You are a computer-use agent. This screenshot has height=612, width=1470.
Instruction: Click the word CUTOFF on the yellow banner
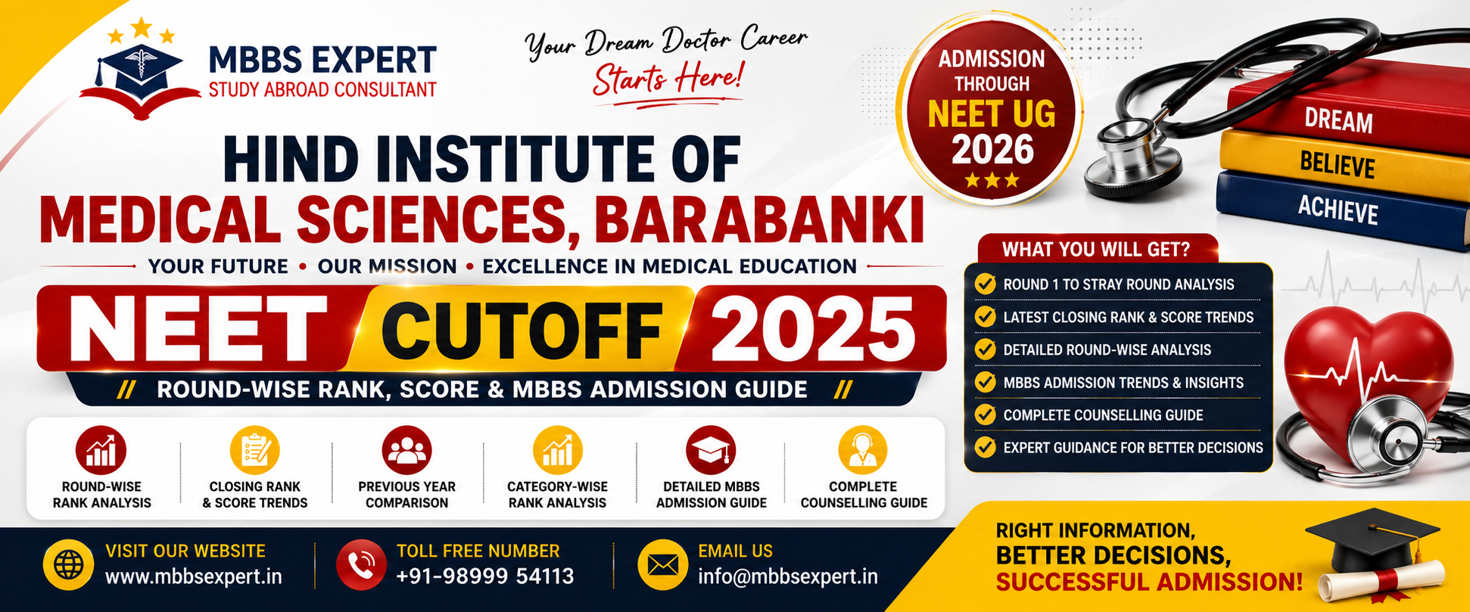[x=522, y=331]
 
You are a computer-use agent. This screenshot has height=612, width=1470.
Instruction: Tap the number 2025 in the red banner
[x=813, y=330]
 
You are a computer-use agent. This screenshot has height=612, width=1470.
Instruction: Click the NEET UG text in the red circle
[x=992, y=114]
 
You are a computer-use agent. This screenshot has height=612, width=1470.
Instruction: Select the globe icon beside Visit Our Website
[x=69, y=564]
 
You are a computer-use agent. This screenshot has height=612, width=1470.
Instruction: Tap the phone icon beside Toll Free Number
[x=361, y=564]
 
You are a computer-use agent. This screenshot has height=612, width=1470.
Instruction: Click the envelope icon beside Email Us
[x=663, y=564]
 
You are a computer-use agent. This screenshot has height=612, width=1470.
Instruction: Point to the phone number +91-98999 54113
[x=485, y=576]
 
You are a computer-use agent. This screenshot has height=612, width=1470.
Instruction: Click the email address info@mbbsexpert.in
[x=788, y=576]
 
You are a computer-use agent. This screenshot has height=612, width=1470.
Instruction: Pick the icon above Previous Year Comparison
[x=406, y=451]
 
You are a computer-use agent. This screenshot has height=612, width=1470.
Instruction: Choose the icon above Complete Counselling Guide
[x=863, y=451]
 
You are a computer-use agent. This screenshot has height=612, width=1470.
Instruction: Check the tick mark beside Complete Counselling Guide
[x=985, y=415]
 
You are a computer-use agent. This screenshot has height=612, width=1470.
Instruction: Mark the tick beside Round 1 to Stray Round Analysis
[x=985, y=284]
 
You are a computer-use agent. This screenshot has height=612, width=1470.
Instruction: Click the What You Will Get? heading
[x=1096, y=249]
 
